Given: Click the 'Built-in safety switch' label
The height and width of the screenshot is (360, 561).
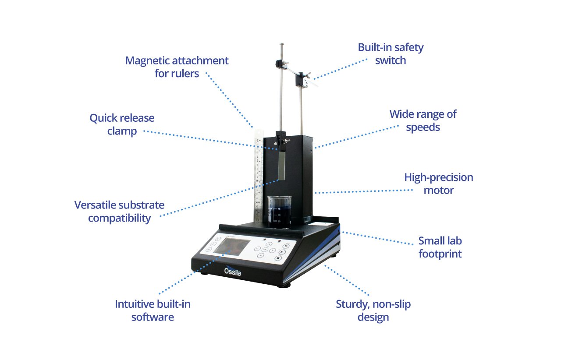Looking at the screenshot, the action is coord(391,54).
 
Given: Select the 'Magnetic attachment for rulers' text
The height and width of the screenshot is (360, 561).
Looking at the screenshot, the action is coord(177,67).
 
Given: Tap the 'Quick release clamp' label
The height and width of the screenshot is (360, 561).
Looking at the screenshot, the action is coord(122,124).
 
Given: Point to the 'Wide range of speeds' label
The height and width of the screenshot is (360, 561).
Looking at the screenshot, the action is coord(423,121).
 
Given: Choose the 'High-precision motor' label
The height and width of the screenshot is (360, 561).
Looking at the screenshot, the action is coord(439,184).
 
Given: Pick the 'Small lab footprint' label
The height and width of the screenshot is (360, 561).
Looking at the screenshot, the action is coord(440,247).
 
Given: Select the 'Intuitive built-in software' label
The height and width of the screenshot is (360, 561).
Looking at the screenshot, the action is coord(153,311).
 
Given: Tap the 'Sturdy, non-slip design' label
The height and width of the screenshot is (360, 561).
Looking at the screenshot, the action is coord(373,311).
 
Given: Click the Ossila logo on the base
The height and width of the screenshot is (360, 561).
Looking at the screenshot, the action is coord(232,271).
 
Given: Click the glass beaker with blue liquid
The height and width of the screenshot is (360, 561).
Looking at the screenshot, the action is coord(280,212).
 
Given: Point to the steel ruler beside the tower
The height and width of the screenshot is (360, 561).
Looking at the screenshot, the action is coord(259,176).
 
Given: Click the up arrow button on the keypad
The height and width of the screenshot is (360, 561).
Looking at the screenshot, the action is coord(269,244).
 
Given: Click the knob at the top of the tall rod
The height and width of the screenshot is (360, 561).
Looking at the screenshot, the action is coord(282,45).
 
